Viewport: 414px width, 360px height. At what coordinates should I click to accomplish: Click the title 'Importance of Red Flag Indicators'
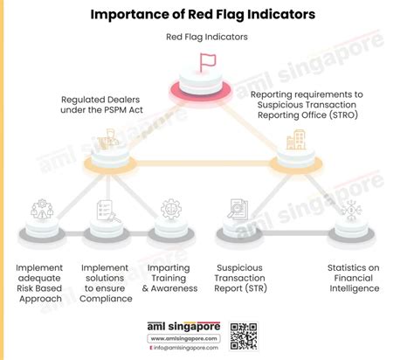[x=207, y=15]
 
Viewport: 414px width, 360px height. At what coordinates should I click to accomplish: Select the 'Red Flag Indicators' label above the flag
[x=207, y=37]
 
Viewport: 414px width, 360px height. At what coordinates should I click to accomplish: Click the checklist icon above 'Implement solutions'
[x=106, y=210]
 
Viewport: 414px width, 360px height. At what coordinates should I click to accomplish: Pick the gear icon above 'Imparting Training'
[x=171, y=210]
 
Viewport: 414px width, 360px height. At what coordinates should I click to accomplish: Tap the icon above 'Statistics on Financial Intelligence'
[x=348, y=210]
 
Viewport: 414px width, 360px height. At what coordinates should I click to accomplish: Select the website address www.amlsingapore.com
[x=182, y=337]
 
